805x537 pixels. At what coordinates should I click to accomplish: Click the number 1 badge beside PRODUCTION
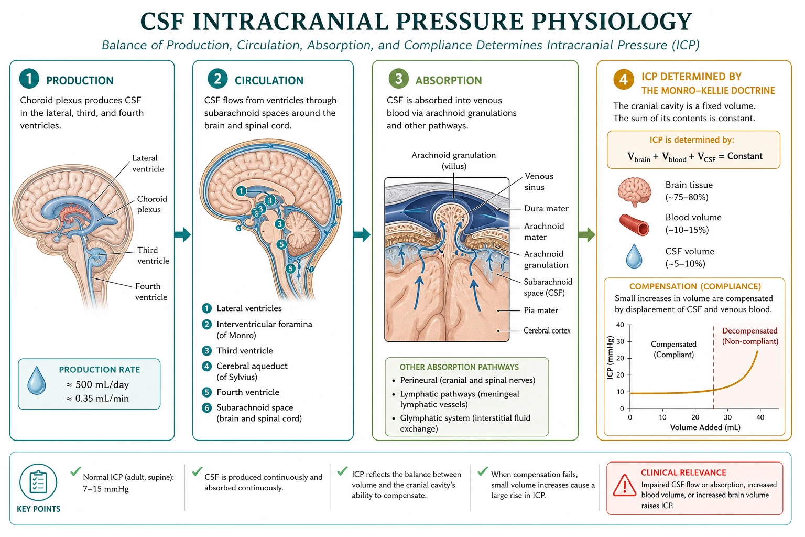29,79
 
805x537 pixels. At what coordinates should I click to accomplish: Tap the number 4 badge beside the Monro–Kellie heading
624,79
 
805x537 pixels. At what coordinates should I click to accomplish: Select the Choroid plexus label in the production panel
152,204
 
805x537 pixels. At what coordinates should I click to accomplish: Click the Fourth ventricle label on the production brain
151,292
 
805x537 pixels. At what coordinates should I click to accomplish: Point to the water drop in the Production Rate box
37,381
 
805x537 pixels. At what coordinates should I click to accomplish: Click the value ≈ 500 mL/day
97,384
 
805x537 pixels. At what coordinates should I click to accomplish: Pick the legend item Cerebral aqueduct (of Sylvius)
252,371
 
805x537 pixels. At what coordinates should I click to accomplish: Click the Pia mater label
541,310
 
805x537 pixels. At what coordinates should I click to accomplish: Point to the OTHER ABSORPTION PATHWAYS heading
459,367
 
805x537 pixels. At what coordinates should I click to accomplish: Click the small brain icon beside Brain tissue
634,192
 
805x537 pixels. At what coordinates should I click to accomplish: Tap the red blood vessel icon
634,224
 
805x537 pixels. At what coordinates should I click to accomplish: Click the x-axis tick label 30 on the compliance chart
728,417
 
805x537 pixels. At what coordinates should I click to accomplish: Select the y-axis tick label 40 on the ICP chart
621,325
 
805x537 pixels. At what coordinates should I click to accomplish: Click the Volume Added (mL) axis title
705,427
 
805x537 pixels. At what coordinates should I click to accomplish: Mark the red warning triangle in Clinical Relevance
625,486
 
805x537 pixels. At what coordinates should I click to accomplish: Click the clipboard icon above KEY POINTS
38,482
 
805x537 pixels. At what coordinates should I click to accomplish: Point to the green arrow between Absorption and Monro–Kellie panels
587,234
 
